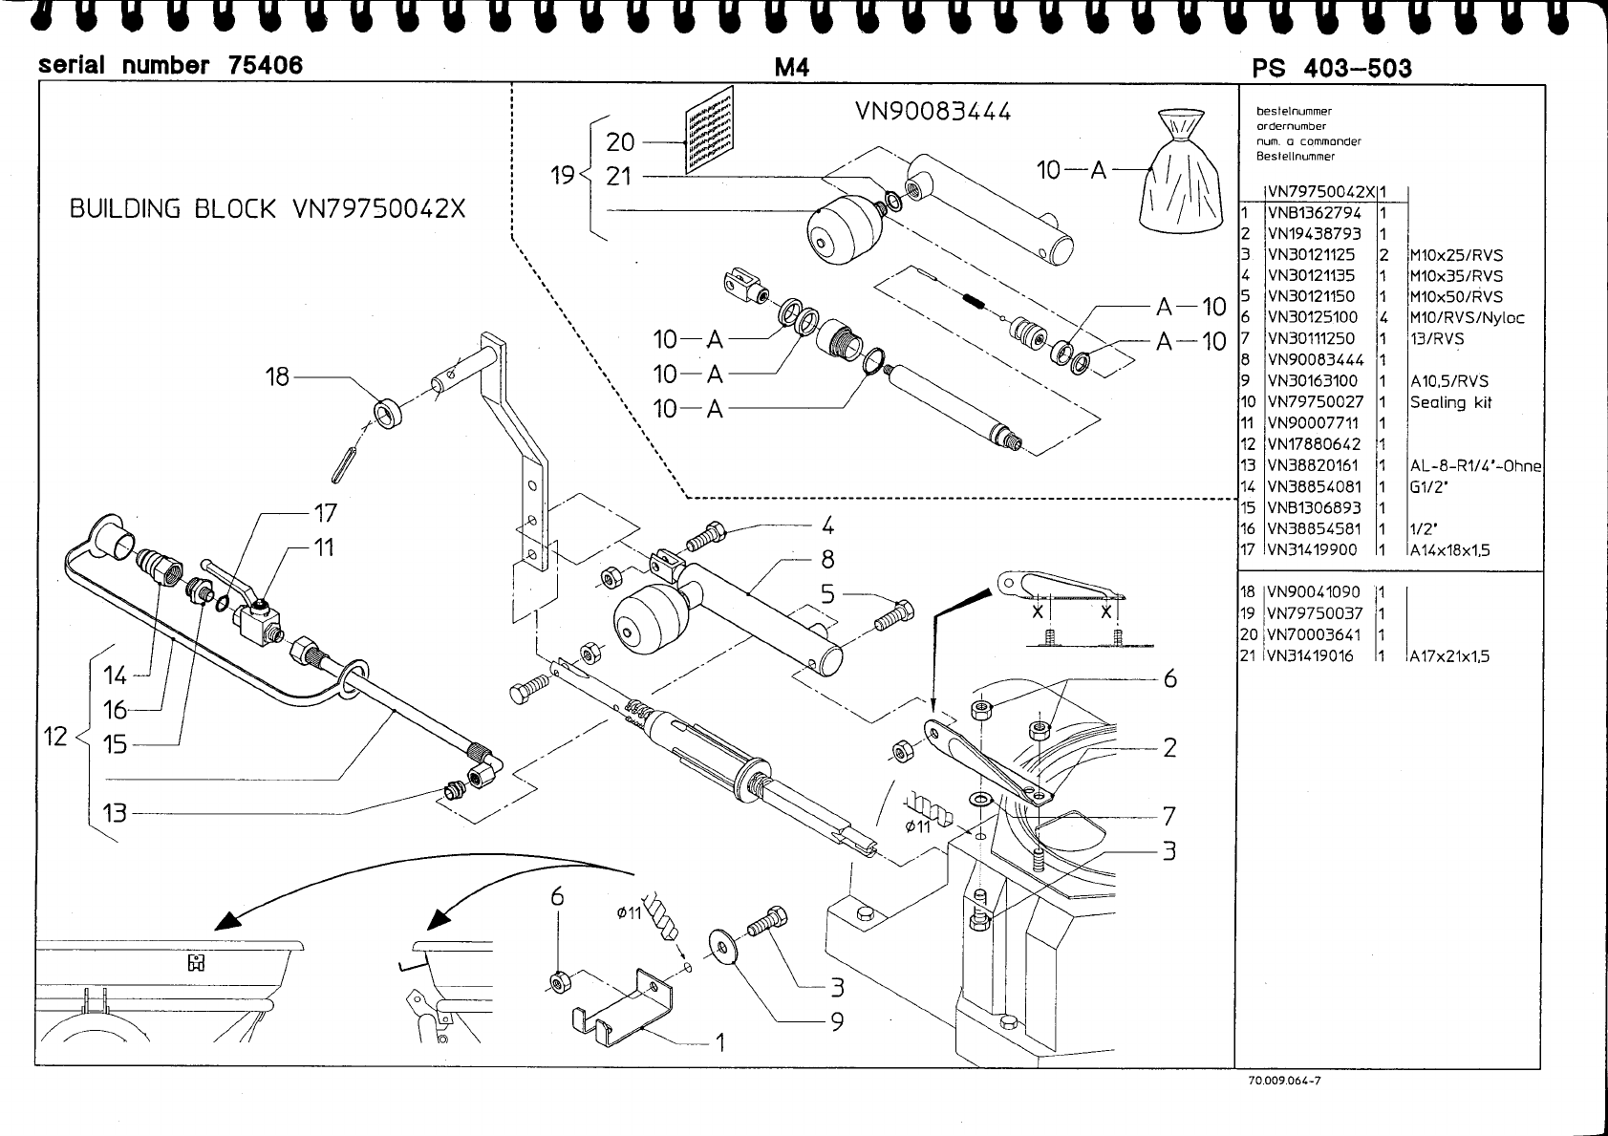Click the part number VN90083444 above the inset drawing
tap(933, 112)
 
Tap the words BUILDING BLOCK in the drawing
tap(173, 209)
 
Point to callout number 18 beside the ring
tap(277, 376)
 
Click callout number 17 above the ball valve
tap(325, 513)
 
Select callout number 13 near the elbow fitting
tap(115, 813)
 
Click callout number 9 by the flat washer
tap(836, 1021)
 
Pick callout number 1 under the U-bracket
tap(720, 1042)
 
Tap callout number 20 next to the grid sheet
tap(620, 142)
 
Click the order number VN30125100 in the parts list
tap(1311, 317)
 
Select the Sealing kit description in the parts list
tap(1450, 402)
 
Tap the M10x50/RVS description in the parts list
tap(1455, 296)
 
